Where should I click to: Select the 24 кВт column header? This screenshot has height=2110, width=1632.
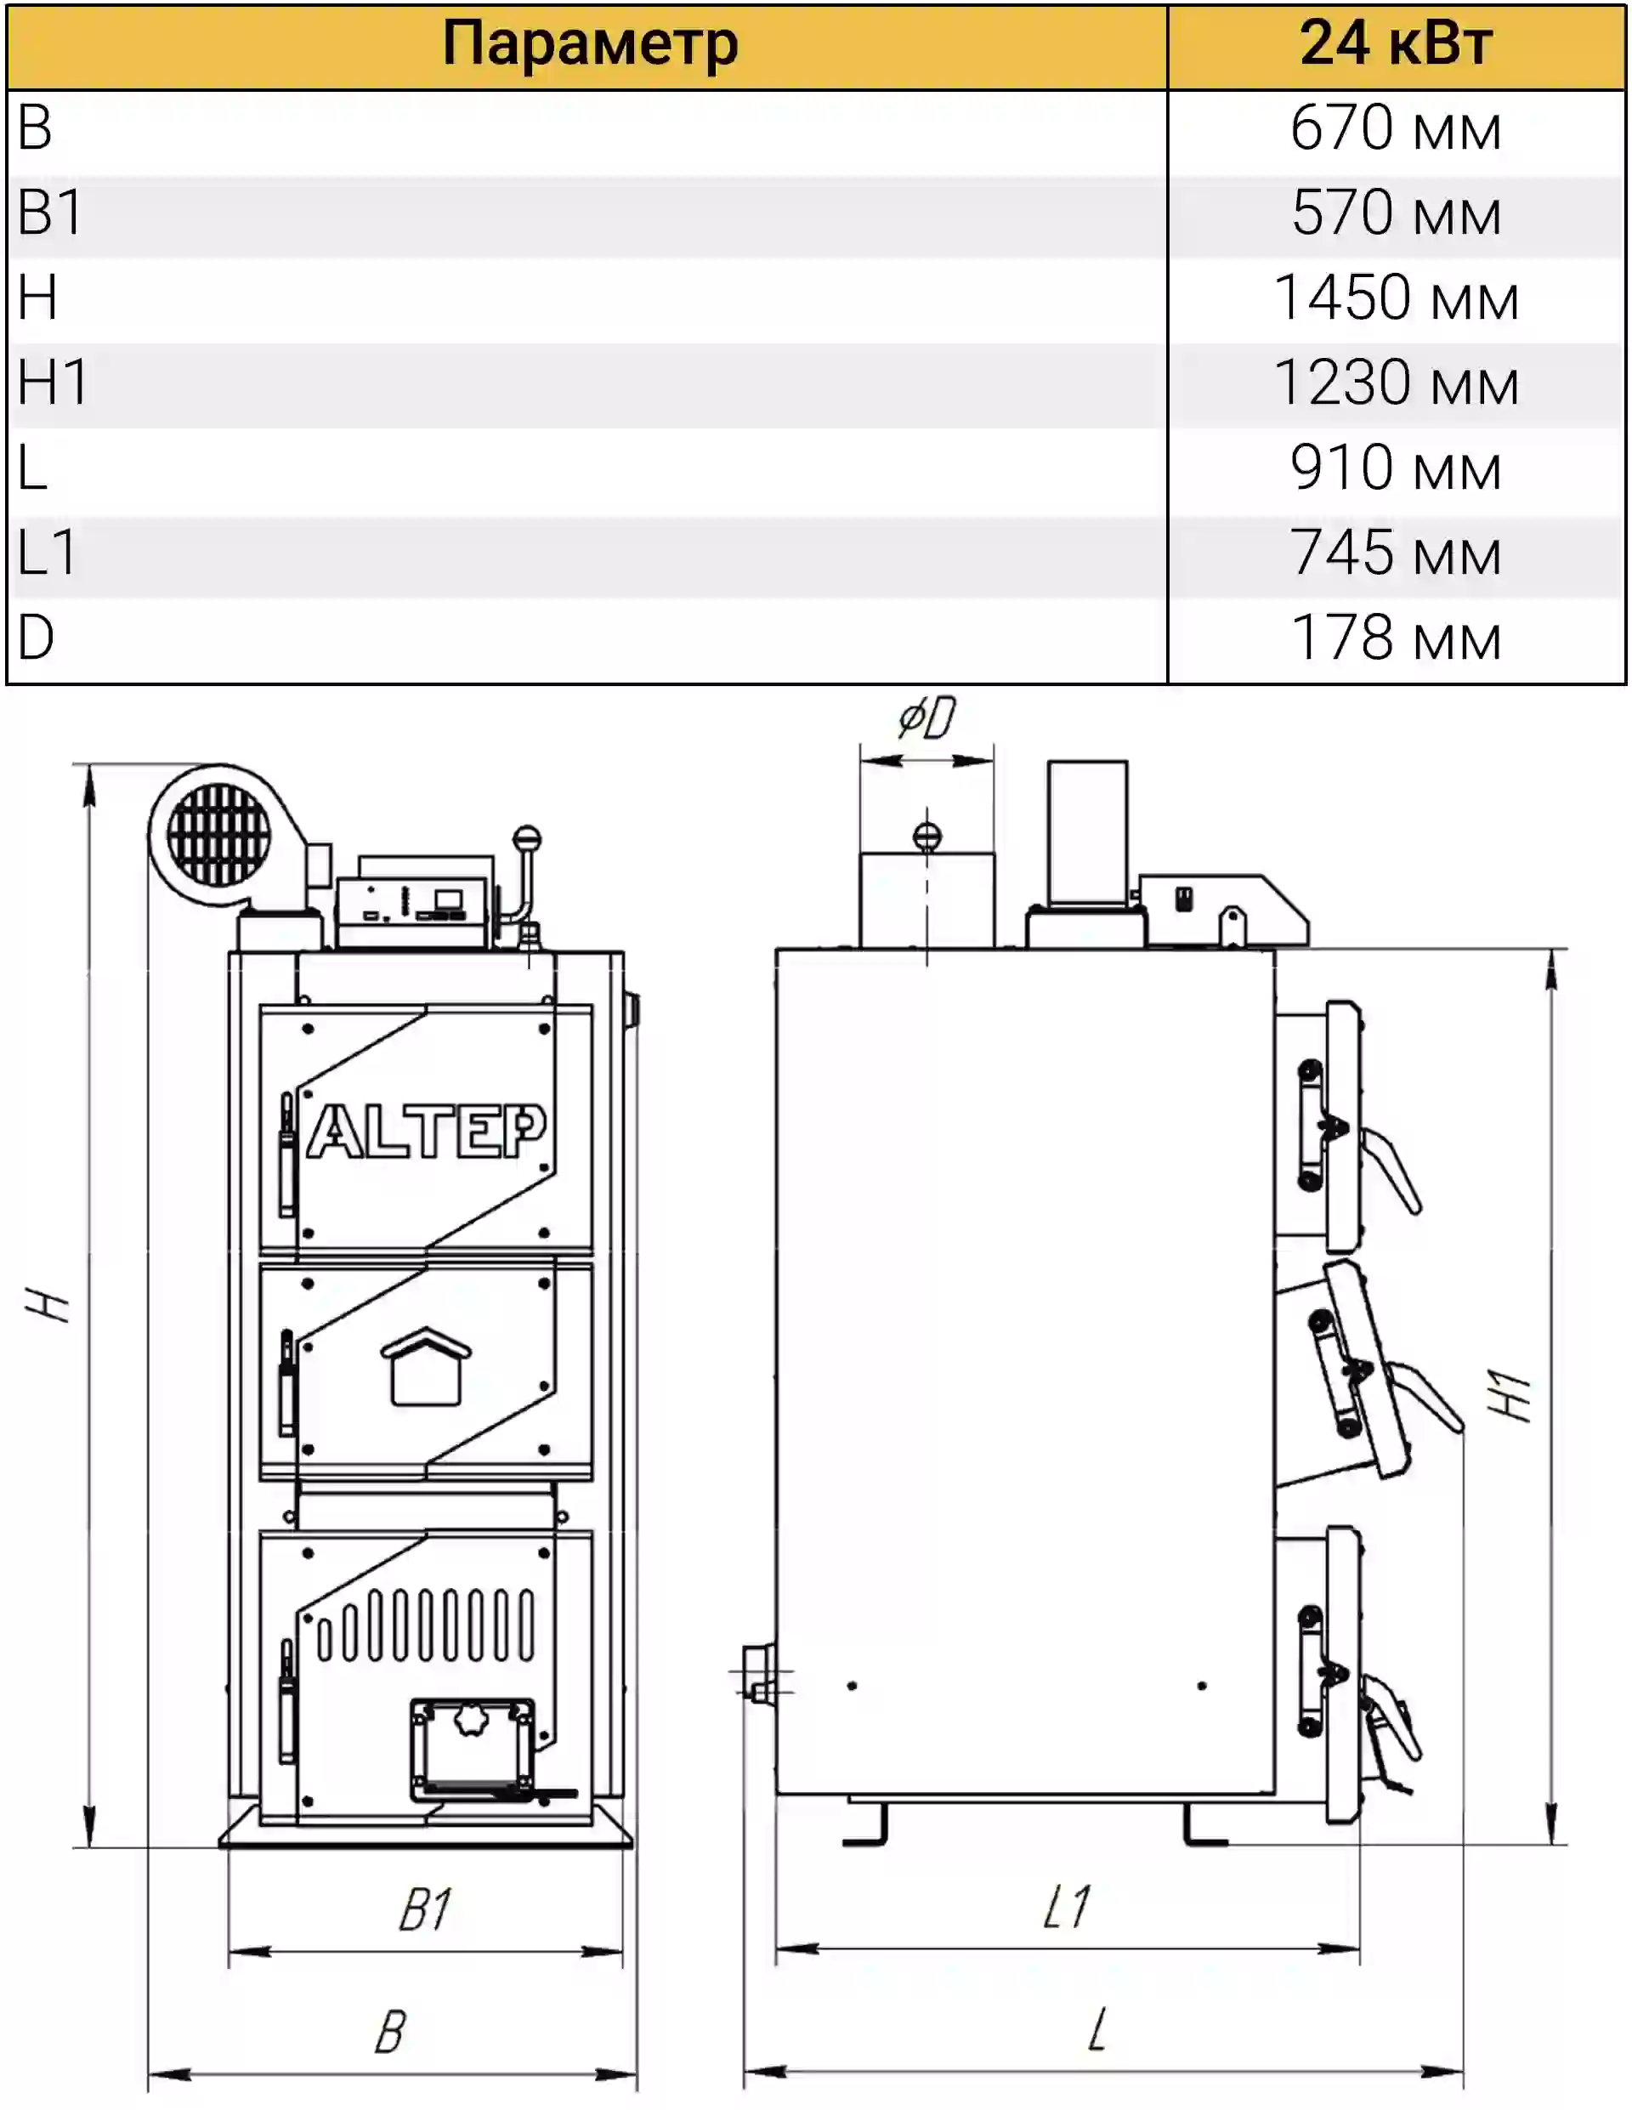click(1397, 43)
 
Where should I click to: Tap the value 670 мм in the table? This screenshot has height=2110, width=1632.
click(1397, 128)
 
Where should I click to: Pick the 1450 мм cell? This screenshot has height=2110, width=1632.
click(1397, 298)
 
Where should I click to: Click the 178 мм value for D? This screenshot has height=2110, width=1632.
click(1397, 638)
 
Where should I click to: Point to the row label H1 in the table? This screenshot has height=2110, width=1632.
click(54, 382)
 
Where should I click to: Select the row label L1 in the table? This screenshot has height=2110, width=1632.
click(48, 553)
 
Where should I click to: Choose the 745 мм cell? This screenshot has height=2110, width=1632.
click(1397, 553)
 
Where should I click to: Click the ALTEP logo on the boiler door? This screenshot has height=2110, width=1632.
click(426, 1131)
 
